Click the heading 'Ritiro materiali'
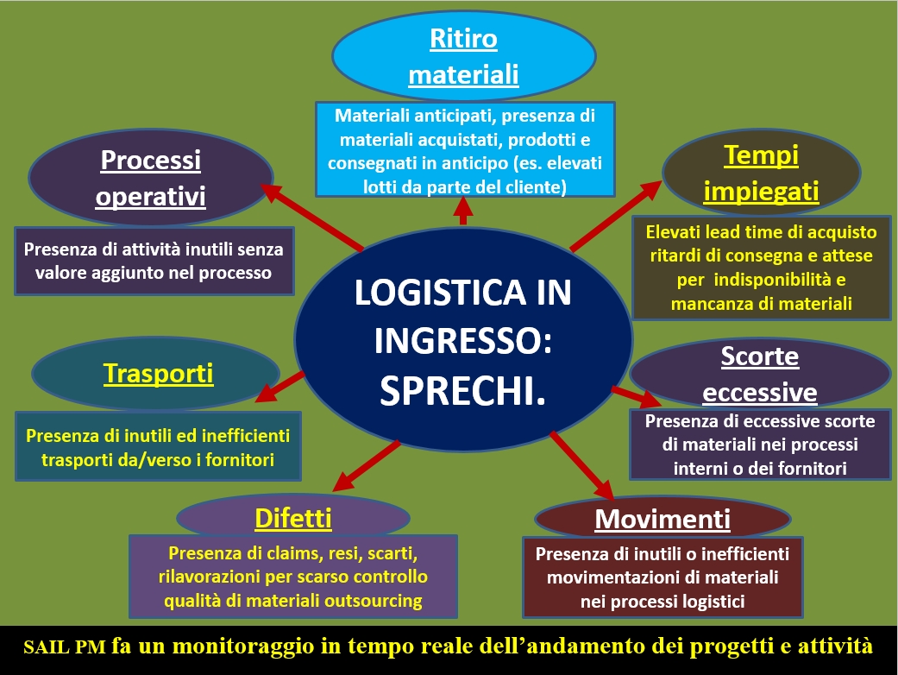[463, 57]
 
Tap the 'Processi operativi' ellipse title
[151, 178]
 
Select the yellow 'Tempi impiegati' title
[761, 173]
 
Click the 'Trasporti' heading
[158, 374]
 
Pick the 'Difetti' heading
[293, 518]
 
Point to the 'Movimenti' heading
[663, 519]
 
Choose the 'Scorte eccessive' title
[760, 374]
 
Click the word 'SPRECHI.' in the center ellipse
[462, 392]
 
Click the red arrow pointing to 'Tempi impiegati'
[616, 216]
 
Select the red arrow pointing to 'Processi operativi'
[311, 218]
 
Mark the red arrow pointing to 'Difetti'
[366, 466]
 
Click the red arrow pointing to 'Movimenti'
[582, 464]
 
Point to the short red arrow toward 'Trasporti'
[279, 387]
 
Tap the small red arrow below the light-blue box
[462, 211]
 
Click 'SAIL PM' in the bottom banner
[65, 647]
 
